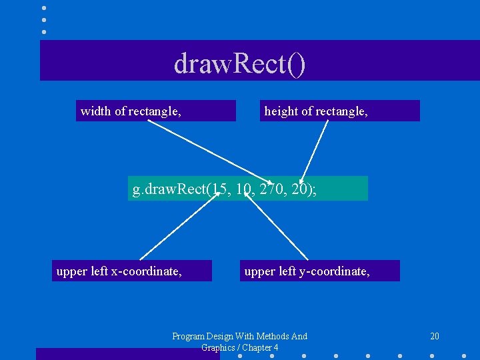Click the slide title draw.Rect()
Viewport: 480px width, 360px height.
[x=240, y=64]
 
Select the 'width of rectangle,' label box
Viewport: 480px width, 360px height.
[x=156, y=111]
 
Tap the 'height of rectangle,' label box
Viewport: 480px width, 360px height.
[x=340, y=111]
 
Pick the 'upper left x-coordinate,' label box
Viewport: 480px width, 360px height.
[x=132, y=271]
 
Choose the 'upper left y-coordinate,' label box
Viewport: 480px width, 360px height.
[x=320, y=271]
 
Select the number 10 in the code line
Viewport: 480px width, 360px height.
[x=244, y=190]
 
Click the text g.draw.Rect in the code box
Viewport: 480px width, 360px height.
[x=169, y=190]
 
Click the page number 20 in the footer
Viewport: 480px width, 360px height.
[x=435, y=336]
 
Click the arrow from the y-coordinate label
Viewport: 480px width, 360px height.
[x=279, y=228]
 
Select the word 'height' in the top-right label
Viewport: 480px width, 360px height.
[x=281, y=111]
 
